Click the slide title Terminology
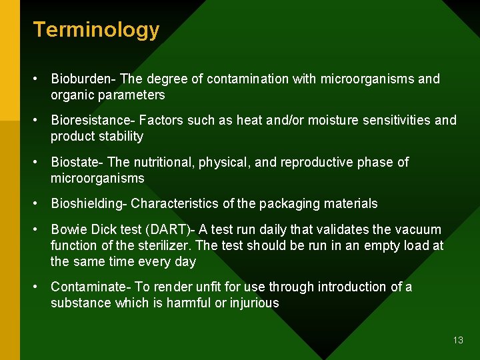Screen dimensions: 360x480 click(96, 30)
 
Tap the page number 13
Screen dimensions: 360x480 click(457, 340)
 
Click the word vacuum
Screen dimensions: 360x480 click(418, 230)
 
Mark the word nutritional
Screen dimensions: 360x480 click(164, 163)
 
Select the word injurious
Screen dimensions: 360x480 click(253, 303)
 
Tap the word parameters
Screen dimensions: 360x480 click(129, 95)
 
